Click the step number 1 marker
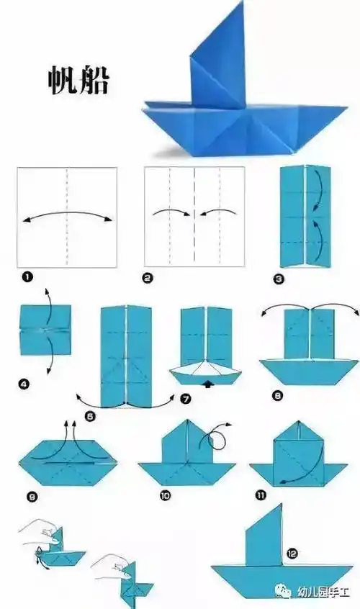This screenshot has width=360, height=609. pos(27,277)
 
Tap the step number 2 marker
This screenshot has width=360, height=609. pos(148,278)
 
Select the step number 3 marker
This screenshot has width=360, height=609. pos(279,279)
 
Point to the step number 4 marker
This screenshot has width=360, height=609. pos(24,384)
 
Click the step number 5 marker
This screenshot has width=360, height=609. pos(90,417)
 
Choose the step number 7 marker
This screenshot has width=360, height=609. pos(186,399)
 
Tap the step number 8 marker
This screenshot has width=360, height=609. pos(278,396)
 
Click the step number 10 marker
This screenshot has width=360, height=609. pos(165,495)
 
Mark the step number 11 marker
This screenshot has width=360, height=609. pos(261,495)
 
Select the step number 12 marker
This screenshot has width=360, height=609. pos(292,553)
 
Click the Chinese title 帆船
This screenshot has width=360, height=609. pos(78,81)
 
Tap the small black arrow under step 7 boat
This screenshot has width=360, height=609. pos(209,384)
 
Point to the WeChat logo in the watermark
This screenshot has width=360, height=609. pos(283,591)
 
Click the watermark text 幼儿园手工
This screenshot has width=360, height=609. pos(323,592)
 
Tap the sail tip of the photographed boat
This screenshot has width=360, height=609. pos(243,1)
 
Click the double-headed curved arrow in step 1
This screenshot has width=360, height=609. pos(68,212)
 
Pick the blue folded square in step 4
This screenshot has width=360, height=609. pos(45,330)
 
